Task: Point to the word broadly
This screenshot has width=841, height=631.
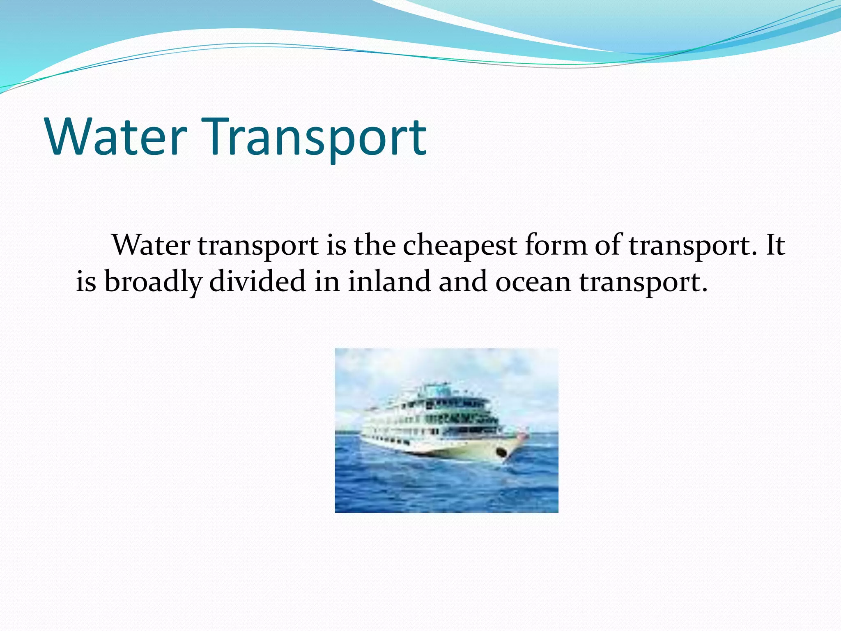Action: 153,283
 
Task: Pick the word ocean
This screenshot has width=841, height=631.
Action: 533,283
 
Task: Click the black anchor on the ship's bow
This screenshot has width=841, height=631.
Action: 501,453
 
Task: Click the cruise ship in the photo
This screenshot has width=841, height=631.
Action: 439,427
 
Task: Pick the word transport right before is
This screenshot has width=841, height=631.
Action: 258,246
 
